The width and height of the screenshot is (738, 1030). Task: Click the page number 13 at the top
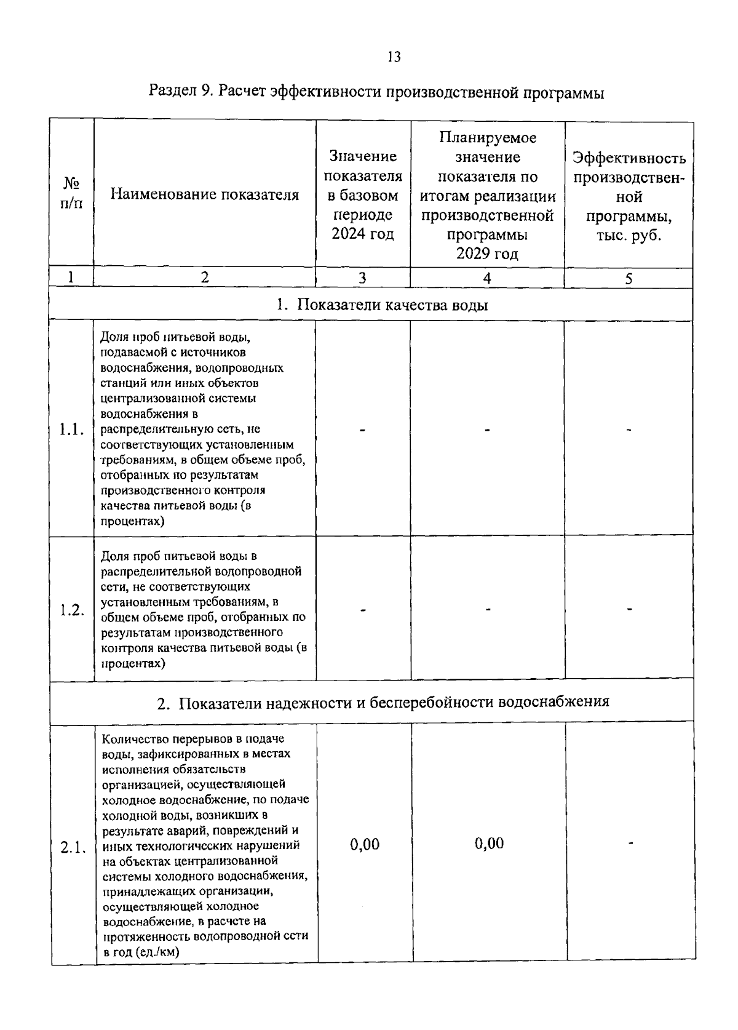click(x=394, y=57)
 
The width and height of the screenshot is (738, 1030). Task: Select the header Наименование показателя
click(x=205, y=195)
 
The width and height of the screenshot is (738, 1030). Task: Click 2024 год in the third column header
click(x=363, y=234)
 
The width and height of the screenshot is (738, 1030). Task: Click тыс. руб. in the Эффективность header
click(x=629, y=236)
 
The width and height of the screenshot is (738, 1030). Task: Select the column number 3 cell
click(x=363, y=278)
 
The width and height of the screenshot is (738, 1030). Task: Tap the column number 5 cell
click(x=629, y=279)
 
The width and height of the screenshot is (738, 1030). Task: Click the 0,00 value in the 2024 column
click(x=365, y=844)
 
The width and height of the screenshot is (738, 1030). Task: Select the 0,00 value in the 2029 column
click(x=489, y=843)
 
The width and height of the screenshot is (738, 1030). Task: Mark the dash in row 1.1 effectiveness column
click(x=629, y=431)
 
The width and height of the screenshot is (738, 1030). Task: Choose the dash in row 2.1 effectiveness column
click(x=630, y=844)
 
